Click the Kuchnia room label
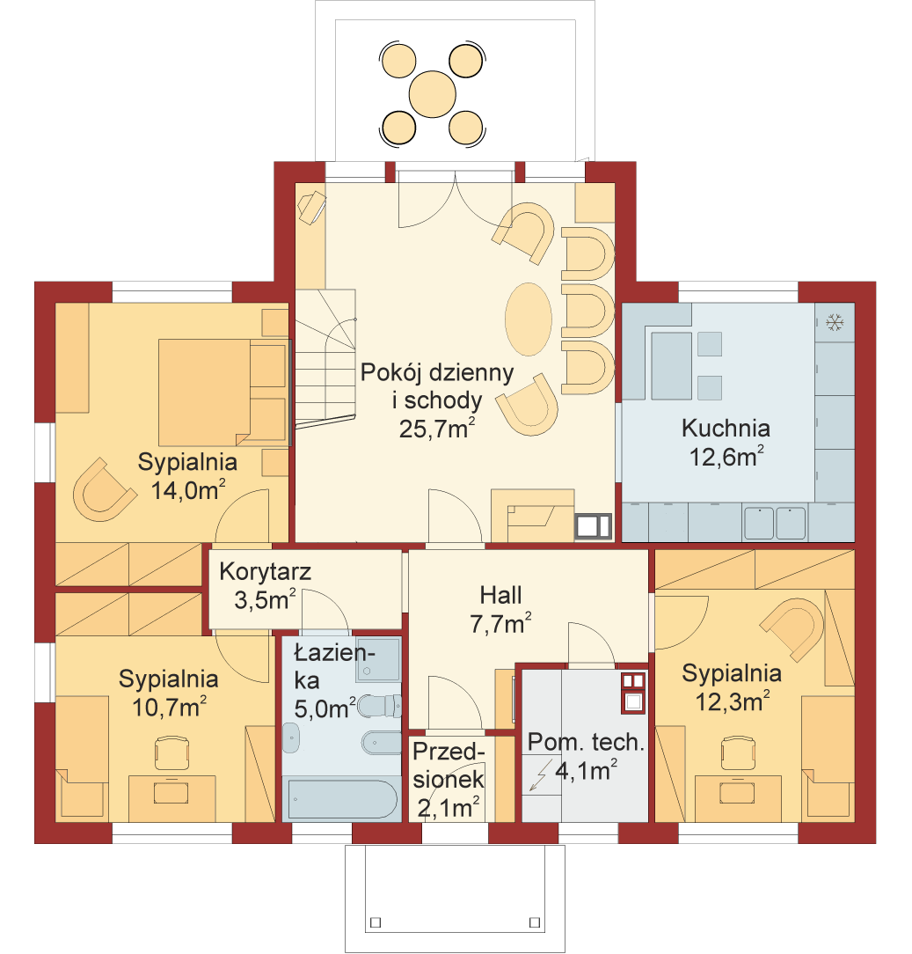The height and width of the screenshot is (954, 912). tap(726, 429)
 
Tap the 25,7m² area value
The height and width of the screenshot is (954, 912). tap(436, 429)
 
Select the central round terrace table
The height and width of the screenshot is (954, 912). tap(433, 94)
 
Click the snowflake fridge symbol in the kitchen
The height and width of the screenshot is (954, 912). tap(835, 322)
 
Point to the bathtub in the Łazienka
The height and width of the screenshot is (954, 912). tap(342, 799)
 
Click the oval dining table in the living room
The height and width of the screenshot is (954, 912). tap(529, 319)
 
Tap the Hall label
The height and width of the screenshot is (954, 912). tap(500, 595)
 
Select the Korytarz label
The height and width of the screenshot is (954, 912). tap(265, 572)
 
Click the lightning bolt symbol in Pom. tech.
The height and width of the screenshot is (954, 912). tap(540, 775)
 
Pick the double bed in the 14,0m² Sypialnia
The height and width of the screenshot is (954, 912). tap(222, 392)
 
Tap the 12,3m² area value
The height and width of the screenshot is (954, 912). tap(732, 701)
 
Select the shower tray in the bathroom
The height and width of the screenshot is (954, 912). tap(379, 659)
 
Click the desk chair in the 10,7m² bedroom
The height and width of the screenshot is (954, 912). tap(171, 752)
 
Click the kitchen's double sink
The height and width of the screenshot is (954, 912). tap(775, 524)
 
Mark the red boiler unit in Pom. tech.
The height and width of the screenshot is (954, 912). tap(633, 693)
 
